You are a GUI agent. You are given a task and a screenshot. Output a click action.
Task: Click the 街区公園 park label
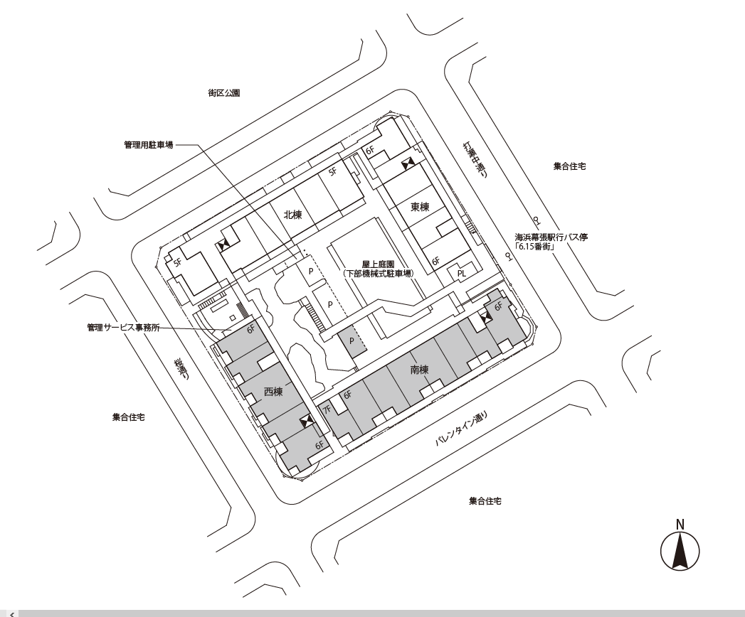[223, 93]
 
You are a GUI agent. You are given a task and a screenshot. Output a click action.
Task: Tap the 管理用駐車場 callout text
[149, 145]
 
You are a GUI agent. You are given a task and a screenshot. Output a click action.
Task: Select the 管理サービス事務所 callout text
[124, 328]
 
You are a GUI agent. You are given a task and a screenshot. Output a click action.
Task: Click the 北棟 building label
[292, 215]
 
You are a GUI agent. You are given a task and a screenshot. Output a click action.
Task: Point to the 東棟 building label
[420, 207]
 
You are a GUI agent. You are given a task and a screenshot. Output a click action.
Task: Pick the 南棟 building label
[419, 369]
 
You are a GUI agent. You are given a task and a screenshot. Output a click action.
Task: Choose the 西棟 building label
[273, 392]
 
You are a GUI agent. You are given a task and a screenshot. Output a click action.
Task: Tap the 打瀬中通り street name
[476, 161]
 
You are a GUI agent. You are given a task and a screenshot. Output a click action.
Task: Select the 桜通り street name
[181, 370]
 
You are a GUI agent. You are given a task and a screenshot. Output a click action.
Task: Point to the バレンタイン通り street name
[461, 429]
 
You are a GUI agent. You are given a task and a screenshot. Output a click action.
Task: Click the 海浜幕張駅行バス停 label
[551, 237]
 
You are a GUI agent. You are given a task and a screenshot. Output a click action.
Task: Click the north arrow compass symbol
[680, 547]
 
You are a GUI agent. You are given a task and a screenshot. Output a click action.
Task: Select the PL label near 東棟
[461, 274]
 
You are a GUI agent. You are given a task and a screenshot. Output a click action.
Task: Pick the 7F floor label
[327, 409]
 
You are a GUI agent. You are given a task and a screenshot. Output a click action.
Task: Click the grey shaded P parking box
[352, 340]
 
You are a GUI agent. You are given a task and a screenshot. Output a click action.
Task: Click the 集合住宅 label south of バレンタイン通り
[485, 500]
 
